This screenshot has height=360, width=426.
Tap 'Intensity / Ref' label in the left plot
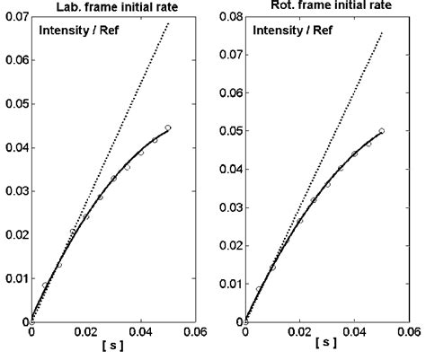(79, 33)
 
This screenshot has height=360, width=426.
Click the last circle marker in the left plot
(168, 127)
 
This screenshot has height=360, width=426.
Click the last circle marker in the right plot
(382, 131)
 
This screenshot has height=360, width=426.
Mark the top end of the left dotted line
(168, 23)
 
